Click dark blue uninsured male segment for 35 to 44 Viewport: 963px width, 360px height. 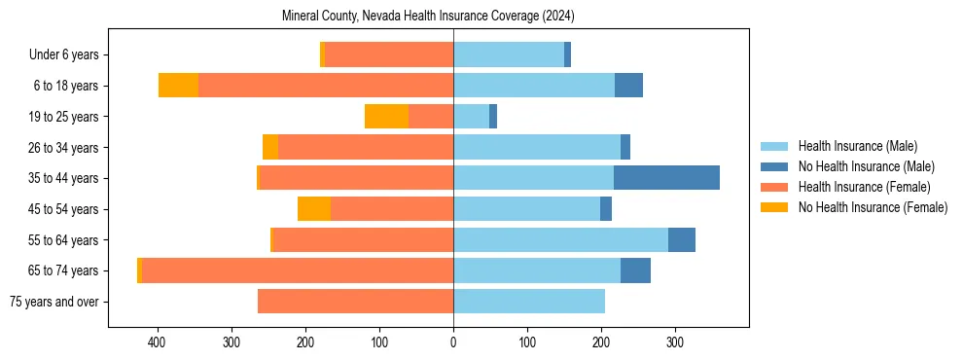tap(666, 178)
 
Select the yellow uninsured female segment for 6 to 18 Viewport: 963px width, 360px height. tap(178, 86)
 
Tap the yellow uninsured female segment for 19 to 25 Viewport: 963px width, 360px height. tap(386, 117)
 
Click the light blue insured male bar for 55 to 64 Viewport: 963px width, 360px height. tap(560, 239)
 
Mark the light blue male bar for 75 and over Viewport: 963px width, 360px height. tap(529, 302)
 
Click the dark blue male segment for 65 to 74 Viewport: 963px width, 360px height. tap(635, 270)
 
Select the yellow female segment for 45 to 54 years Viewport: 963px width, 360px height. tap(314, 209)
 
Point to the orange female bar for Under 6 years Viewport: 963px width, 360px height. tap(389, 55)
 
